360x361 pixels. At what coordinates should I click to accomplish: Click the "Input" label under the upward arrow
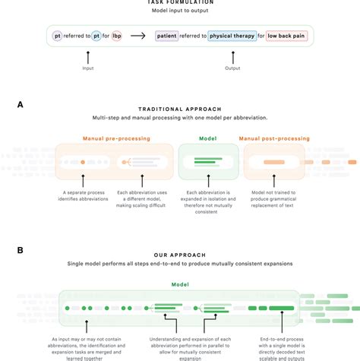(89, 69)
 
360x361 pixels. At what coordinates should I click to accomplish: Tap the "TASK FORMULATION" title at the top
(179, 2)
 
